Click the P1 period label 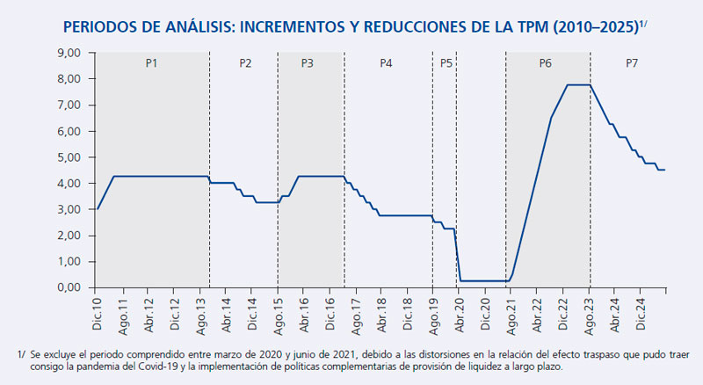click(151, 63)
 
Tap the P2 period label click(245, 63)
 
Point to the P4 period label click(386, 63)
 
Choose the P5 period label click(446, 63)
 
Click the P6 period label click(546, 63)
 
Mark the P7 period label click(631, 63)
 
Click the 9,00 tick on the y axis click(69, 53)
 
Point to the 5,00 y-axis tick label click(69, 157)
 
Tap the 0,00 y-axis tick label click(69, 287)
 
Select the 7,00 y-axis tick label click(69, 105)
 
